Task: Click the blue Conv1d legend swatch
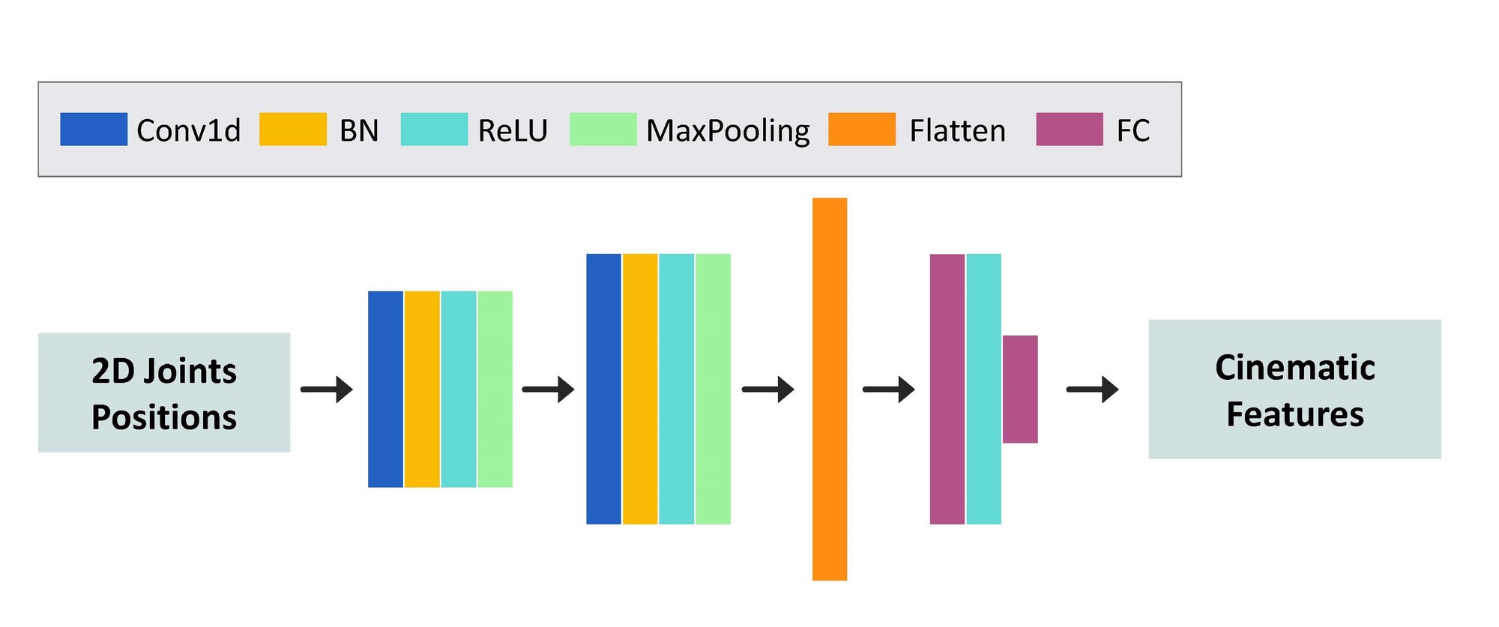[94, 130]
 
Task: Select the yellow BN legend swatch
[293, 130]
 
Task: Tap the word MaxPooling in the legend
[728, 131]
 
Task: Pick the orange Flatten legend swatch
[862, 130]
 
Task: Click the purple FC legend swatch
[1070, 130]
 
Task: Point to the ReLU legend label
[513, 130]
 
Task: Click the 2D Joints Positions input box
[164, 393]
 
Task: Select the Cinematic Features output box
[1294, 390]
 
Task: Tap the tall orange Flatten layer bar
[830, 389]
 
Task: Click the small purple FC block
[1020, 390]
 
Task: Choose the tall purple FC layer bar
[947, 390]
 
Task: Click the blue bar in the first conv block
[385, 390]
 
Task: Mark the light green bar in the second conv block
[713, 389]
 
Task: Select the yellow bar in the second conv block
[640, 389]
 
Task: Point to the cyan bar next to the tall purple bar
[984, 390]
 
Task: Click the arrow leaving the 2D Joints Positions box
[327, 390]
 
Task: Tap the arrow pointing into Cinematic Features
[1093, 390]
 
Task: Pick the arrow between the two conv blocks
[549, 390]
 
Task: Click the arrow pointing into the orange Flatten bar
[768, 390]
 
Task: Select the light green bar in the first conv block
[495, 390]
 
